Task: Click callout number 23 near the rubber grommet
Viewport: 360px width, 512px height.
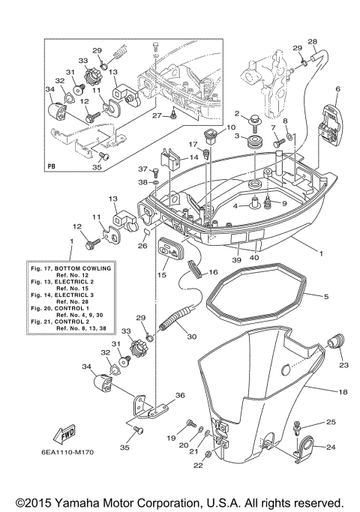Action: tap(345, 365)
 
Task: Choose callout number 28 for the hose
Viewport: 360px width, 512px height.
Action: tap(312, 41)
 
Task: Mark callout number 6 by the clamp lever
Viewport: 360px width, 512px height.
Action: tap(337, 89)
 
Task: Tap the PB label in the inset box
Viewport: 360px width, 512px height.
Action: tap(52, 166)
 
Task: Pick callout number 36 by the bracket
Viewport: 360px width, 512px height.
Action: tap(180, 396)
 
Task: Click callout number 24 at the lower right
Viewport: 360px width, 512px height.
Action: tap(331, 448)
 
